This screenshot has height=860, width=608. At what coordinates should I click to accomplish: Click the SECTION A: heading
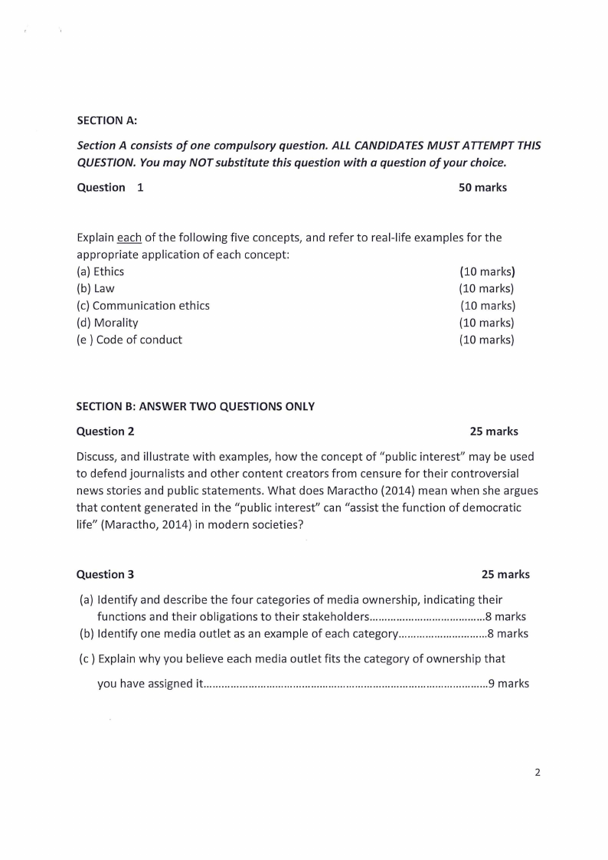tap(106, 120)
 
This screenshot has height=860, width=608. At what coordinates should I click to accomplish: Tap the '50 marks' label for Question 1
tap(482, 187)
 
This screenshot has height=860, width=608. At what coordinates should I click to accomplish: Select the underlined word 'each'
tap(129, 238)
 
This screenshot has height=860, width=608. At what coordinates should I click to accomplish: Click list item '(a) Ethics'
tap(100, 271)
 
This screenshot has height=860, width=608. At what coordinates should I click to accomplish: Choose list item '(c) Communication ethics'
tap(143, 305)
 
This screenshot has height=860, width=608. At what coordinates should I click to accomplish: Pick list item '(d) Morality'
tap(108, 323)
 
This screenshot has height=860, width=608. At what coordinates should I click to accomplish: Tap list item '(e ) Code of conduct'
tap(129, 340)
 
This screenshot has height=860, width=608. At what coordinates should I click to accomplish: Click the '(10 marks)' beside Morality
tap(486, 323)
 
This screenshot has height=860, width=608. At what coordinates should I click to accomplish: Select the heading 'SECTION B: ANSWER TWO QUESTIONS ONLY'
tap(195, 406)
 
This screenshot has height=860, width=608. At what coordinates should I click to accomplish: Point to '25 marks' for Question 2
tap(494, 431)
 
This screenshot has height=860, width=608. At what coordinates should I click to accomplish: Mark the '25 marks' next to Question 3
tap(505, 574)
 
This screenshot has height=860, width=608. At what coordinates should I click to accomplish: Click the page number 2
tap(537, 772)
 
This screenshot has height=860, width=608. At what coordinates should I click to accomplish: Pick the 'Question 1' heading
tap(110, 187)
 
